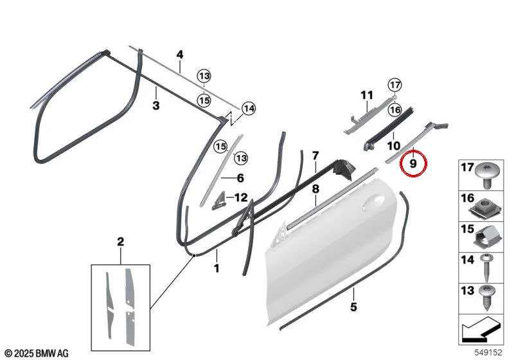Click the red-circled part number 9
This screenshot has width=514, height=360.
413,163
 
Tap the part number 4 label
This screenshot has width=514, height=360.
180,55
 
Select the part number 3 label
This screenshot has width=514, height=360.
156,105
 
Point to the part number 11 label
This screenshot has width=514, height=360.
367,95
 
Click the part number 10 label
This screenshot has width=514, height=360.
394,145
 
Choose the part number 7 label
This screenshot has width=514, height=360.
315,156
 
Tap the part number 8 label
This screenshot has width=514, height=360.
315,189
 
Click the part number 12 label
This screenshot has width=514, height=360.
241,198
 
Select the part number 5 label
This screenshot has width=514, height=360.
353,307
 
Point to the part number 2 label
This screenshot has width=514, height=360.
121,242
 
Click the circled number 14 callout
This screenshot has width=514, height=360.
249,109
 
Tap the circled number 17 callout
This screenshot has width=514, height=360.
394,85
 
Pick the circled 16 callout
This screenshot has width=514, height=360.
394,110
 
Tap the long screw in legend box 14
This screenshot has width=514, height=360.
486,267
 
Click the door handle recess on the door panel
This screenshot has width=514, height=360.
374,203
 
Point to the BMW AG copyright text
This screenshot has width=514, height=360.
37,353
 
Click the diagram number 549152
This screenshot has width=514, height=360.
488,352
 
